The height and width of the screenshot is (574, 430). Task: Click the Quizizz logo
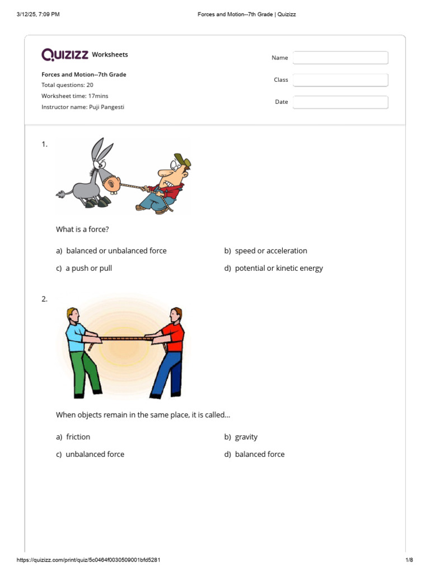[65, 54]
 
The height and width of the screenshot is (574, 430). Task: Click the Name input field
[340, 58]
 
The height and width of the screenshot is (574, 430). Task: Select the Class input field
[340, 80]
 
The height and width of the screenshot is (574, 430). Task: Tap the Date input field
[340, 102]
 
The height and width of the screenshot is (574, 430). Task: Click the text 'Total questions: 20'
[67, 85]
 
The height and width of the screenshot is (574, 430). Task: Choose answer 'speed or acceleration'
[270, 251]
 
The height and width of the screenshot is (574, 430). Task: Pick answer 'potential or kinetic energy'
[278, 268]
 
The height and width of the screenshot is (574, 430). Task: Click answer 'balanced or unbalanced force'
[116, 251]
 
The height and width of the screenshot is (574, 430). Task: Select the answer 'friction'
[78, 437]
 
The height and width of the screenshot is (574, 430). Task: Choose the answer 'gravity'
[246, 437]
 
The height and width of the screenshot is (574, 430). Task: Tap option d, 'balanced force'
[259, 454]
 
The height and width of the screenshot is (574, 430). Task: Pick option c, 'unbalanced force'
[95, 454]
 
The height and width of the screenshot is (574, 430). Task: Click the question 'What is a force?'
[82, 229]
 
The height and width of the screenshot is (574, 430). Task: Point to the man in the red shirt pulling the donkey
[165, 185]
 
